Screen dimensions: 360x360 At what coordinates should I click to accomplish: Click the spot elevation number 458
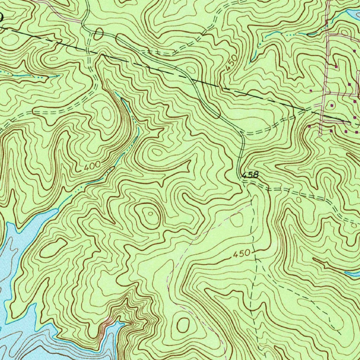click(250, 174)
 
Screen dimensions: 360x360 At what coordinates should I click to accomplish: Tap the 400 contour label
click(92, 165)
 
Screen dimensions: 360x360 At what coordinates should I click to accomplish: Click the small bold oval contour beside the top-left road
click(98, 34)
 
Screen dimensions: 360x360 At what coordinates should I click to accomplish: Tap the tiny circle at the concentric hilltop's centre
click(150, 213)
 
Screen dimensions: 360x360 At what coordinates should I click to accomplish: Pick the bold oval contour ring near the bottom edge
click(183, 325)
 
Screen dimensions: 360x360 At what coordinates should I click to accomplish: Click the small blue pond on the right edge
click(352, 274)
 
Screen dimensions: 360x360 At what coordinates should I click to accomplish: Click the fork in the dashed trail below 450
click(256, 259)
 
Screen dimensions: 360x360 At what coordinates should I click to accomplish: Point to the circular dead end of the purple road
click(320, 134)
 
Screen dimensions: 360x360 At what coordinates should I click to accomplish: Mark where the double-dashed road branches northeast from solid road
click(242, 134)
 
